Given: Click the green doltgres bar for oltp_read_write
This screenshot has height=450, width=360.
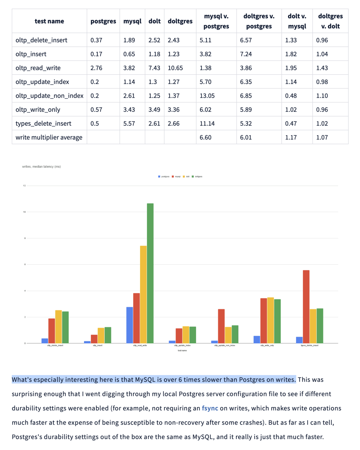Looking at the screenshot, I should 150,273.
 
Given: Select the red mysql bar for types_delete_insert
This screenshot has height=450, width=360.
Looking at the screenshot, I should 306,307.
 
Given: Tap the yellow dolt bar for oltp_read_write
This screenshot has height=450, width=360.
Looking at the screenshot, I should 143,295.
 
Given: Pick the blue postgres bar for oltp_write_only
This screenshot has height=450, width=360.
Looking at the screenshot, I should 257,339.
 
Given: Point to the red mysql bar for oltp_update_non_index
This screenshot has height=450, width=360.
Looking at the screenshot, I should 221,326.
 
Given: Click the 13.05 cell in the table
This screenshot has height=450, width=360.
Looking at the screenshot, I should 207,96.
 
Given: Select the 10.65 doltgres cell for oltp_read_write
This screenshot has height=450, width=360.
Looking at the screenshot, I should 175,68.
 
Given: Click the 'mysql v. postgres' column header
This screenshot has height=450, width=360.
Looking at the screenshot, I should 216,21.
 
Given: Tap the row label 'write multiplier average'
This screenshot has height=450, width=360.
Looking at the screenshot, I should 49,137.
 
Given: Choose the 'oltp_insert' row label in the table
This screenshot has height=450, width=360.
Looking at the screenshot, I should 31,54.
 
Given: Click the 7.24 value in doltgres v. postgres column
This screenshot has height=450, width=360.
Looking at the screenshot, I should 246,54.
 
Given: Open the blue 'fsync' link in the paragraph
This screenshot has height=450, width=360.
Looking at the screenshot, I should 210,408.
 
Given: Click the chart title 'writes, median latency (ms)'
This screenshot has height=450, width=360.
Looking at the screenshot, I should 41,167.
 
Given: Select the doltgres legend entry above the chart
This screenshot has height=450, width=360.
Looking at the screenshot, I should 198,177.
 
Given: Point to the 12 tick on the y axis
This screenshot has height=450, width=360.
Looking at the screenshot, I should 24,186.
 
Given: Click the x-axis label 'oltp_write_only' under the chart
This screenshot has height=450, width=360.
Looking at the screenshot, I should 267,345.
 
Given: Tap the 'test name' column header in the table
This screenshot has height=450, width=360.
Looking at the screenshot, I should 49,21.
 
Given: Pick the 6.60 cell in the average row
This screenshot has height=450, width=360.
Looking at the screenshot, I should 206,137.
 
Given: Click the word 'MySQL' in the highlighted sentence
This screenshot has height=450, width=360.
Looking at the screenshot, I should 145,380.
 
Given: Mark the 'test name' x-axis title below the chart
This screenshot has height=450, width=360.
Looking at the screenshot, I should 182,351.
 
